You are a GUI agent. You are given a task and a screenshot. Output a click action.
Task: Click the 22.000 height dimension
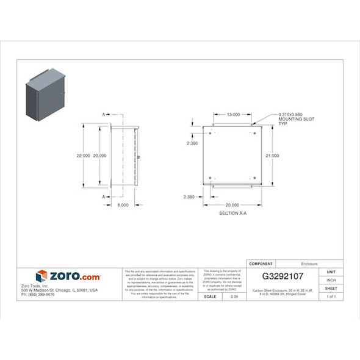coord(83,156)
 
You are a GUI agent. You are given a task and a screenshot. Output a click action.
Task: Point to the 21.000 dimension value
coord(272,156)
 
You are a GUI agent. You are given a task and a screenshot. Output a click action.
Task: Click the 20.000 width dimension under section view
coord(232,205)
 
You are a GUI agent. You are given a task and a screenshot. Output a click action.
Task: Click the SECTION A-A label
coord(232,214)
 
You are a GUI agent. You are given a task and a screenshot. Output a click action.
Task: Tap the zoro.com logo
coord(68,276)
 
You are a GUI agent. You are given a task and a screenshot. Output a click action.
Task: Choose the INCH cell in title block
coord(331,280)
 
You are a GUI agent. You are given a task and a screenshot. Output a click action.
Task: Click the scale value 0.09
coord(234,297)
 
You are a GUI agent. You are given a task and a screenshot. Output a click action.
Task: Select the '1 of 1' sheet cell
coord(331,297)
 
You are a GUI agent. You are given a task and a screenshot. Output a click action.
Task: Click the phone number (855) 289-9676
coord(38,294)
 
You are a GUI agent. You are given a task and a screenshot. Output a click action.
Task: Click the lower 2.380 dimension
coord(189,197)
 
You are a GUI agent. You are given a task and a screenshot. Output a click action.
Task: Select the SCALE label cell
coord(211,297)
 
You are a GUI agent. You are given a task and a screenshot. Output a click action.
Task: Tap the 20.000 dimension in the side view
coord(99,156)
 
